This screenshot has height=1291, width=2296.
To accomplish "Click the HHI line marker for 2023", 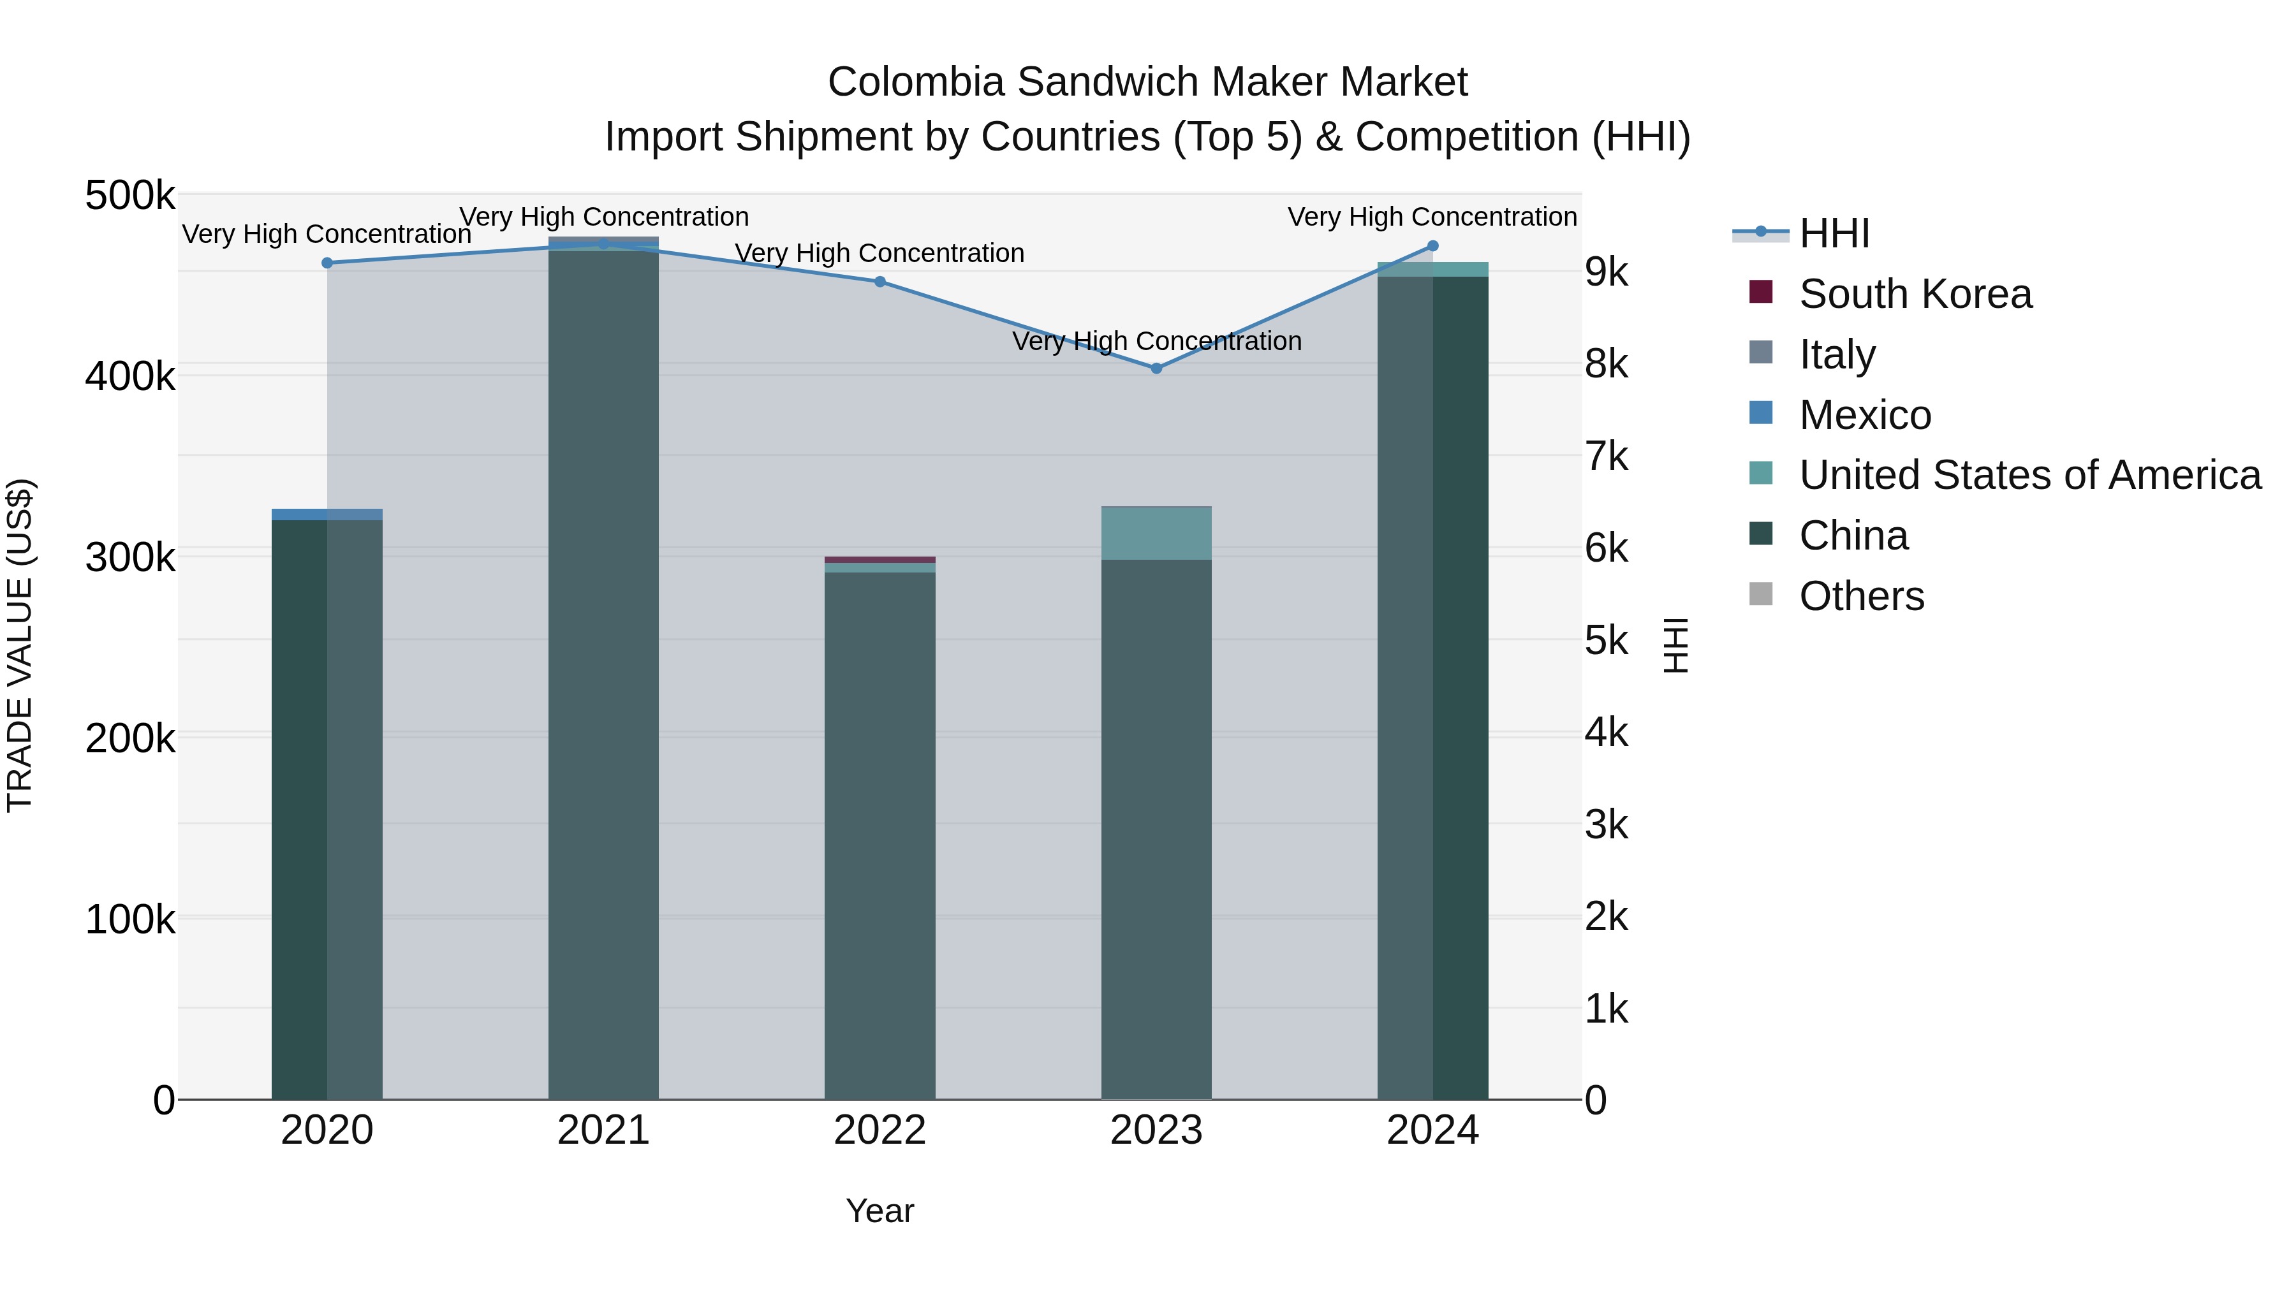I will point(1156,368).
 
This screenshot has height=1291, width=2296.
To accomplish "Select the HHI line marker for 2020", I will point(327,263).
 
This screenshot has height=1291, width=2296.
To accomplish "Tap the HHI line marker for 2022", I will point(879,282).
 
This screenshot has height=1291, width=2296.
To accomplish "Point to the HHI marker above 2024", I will point(1432,246).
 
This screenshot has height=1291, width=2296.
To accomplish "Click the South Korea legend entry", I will point(1915,294).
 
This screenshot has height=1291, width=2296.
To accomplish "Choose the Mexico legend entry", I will point(1865,415).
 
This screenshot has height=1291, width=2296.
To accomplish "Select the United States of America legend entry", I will point(2029,475).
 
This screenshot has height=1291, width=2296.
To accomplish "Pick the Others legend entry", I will point(1861,596).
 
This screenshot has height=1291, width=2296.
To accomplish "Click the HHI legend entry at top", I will point(1834,233).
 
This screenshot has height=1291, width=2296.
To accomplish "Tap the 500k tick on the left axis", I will point(130,195).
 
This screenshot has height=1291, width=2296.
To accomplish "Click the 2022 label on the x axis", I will point(879,1130).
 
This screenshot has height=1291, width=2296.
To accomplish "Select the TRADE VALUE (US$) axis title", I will point(20,645).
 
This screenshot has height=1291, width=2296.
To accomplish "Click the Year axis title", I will point(879,1211).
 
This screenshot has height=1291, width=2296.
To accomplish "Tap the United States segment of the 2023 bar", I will point(1156,534).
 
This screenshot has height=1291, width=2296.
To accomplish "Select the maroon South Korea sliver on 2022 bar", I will point(879,560).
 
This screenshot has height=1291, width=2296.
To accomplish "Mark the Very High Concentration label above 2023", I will point(1156,341).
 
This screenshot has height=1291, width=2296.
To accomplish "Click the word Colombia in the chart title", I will point(915,82).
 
